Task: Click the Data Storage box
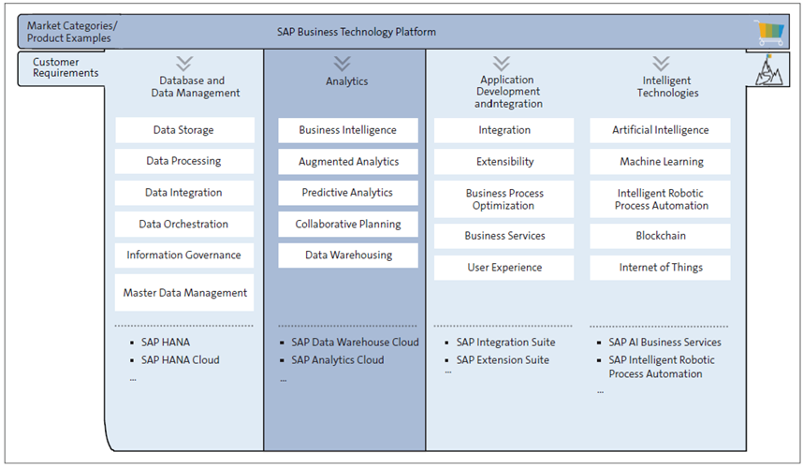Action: point(184,130)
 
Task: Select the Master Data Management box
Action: point(184,293)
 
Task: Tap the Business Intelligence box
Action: point(347,130)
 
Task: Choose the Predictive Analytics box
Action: point(347,193)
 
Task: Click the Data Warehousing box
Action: point(347,255)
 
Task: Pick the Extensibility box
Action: point(504,162)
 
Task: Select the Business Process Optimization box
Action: point(504,199)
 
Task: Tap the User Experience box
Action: point(504,268)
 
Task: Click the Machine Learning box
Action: point(660,162)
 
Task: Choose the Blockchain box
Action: point(660,236)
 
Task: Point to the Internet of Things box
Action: point(660,268)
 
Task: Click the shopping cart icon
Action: point(770,33)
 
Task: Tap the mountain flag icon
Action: point(768,71)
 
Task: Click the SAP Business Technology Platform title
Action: point(356,32)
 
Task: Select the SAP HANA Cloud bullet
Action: point(181,360)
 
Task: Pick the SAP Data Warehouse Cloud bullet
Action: point(354,343)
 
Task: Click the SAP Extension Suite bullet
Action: point(502,360)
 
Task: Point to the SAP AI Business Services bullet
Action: point(664,343)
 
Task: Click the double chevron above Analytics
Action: point(343,63)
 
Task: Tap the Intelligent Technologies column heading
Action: point(667,87)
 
